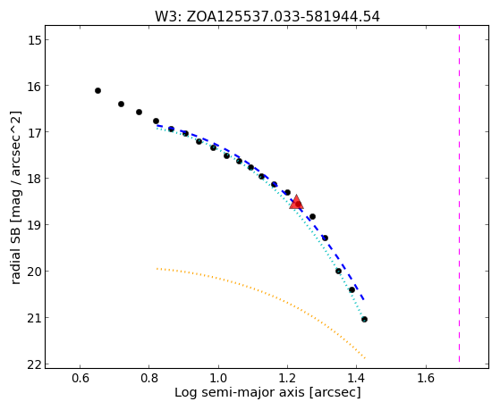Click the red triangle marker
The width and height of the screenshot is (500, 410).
[296, 202]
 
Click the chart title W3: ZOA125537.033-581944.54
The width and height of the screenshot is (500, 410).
[267, 17]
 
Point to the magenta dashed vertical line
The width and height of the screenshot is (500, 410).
[459, 194]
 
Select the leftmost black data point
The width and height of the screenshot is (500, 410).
[97, 91]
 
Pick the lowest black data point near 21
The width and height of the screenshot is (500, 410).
[364, 319]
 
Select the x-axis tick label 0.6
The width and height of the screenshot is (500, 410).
[80, 378]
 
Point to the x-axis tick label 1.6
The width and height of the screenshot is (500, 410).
[427, 378]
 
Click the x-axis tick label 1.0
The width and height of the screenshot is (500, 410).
[218, 378]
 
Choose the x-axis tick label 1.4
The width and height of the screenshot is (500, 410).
[357, 378]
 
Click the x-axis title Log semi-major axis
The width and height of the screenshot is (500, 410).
[240, 393]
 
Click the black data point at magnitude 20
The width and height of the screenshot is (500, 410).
[338, 272]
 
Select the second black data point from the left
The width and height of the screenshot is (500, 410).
[121, 105]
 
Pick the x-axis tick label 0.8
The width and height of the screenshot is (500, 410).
[149, 378]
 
